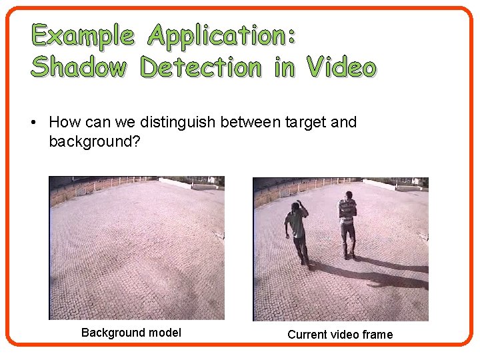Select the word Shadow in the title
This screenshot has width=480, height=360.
click(x=78, y=67)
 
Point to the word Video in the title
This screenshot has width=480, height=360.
click(x=341, y=67)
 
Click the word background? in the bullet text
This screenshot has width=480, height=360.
click(x=94, y=141)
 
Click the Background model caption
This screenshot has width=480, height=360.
click(x=131, y=332)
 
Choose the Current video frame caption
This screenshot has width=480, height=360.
click(x=340, y=334)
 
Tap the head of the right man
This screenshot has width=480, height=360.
click(x=347, y=195)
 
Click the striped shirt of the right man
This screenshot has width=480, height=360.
click(x=347, y=210)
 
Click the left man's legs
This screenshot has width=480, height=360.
click(x=301, y=250)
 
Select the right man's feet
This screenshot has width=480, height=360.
click(x=349, y=257)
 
